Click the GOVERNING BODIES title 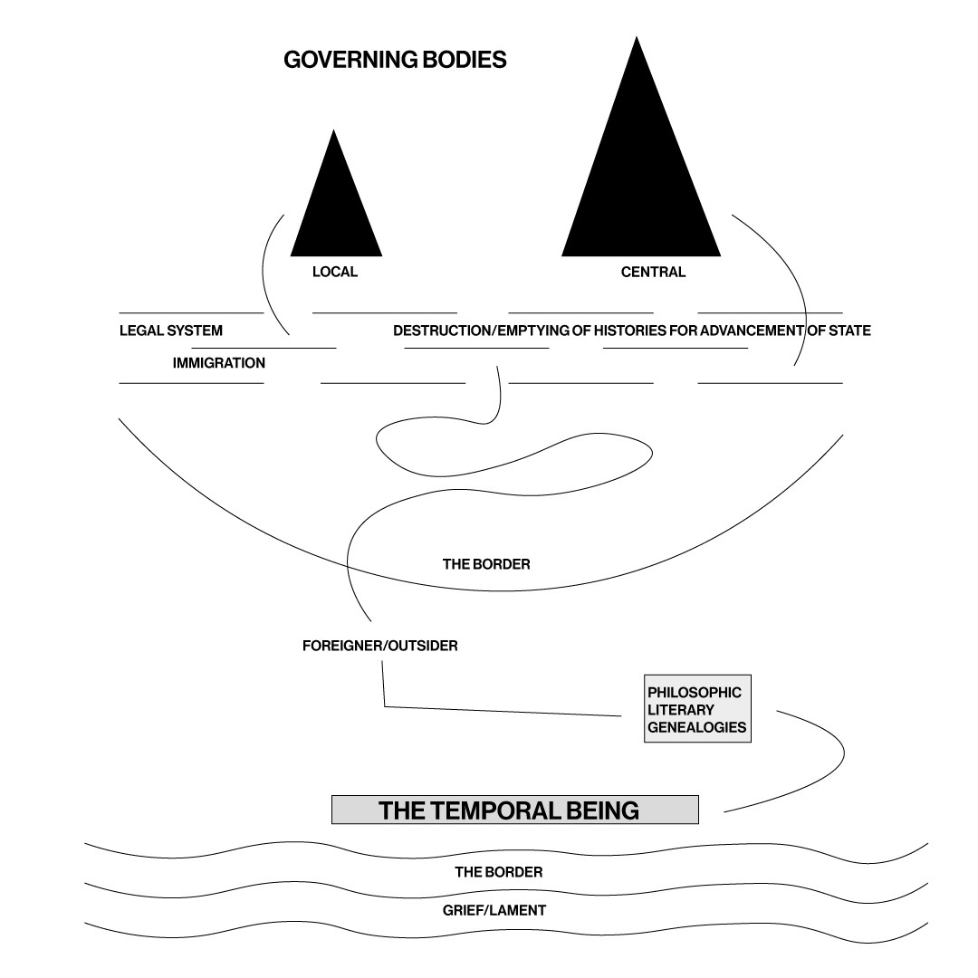point(395,61)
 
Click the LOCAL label point(335,272)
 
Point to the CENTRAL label point(653,272)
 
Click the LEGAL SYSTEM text point(171,331)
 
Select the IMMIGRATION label point(219,363)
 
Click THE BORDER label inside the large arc point(486,564)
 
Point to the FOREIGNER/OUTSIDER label point(380,647)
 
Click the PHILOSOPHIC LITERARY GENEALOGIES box point(697,709)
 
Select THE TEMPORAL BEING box point(515,810)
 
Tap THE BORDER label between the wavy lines point(499,872)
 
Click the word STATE point(849,331)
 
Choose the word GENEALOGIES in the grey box point(696,727)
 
